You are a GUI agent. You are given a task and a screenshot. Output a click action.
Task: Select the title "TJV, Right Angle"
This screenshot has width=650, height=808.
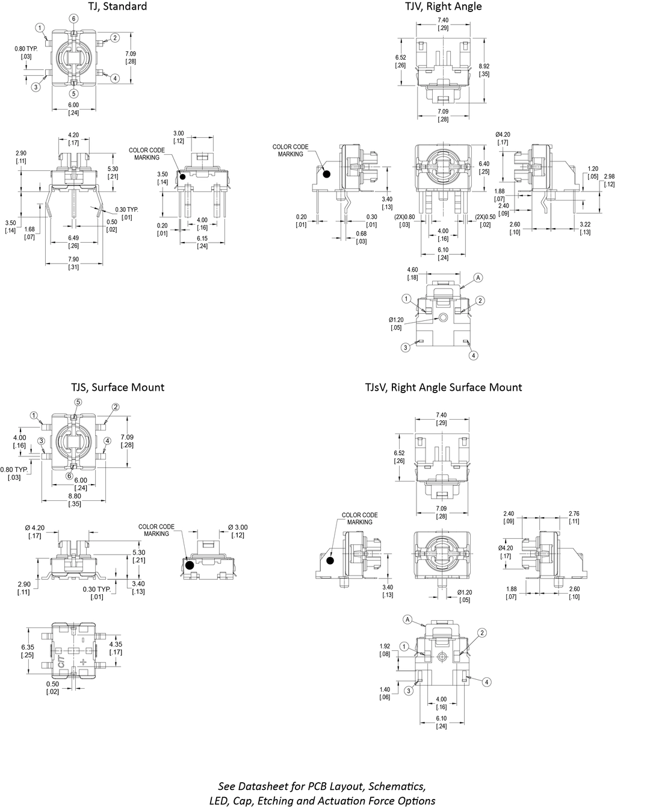pyautogui.click(x=443, y=7)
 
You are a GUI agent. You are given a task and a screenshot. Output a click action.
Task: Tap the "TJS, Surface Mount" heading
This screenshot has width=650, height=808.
pyautogui.click(x=117, y=387)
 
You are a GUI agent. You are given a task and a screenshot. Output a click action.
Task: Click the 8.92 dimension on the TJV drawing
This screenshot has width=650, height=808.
pyautogui.click(x=484, y=66)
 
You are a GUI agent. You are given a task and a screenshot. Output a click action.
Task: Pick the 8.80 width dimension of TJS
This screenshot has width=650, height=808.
pyautogui.click(x=75, y=497)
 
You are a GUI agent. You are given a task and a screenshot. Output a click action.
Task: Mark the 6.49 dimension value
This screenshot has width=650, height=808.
pyautogui.click(x=73, y=238)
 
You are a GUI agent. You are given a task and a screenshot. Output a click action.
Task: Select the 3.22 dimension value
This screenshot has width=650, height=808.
pyautogui.click(x=584, y=225)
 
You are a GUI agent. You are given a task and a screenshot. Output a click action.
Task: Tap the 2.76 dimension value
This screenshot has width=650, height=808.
pyautogui.click(x=574, y=514)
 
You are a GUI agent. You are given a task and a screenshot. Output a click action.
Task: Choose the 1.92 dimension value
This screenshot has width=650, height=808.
pyautogui.click(x=385, y=647)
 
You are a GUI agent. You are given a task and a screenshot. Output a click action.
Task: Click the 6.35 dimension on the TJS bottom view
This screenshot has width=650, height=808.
pyautogui.click(x=27, y=648)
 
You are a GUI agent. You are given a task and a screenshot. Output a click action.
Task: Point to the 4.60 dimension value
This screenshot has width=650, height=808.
pyautogui.click(x=413, y=270)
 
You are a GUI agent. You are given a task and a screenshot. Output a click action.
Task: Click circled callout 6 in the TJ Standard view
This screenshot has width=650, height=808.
pyautogui.click(x=73, y=19)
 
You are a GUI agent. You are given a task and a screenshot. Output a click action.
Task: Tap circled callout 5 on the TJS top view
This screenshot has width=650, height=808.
pyautogui.click(x=78, y=402)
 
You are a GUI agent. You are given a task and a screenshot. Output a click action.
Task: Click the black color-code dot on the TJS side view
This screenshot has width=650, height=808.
pyautogui.click(x=190, y=565)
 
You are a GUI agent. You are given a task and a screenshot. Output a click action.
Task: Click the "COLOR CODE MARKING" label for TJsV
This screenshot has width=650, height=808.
pyautogui.click(x=360, y=518)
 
